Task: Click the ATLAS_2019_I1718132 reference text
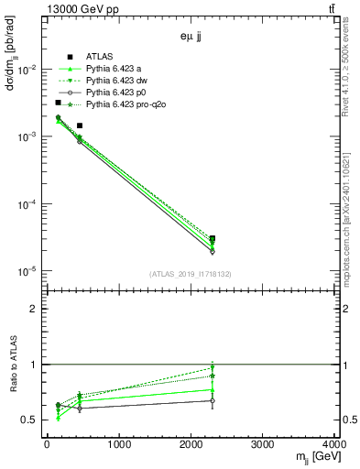click(191, 274)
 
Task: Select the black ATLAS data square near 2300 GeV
click(213, 239)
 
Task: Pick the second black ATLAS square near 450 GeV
click(80, 125)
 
